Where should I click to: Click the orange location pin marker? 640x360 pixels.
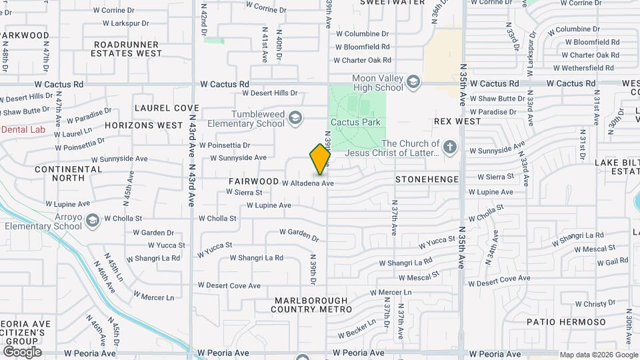pyautogui.click(x=320, y=159)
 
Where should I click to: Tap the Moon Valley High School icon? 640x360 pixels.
pyautogui.click(x=413, y=82)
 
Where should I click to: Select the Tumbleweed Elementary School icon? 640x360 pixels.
pyautogui.click(x=294, y=119)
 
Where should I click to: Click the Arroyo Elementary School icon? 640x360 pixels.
pyautogui.click(x=92, y=219)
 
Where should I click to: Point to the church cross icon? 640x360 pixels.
pyautogui.click(x=450, y=147)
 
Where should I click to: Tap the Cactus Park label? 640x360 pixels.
pyautogui.click(x=357, y=122)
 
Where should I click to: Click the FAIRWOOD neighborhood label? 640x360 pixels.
pyautogui.click(x=253, y=181)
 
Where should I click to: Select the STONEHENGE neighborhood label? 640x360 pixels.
pyautogui.click(x=427, y=179)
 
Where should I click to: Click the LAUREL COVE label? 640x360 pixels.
pyautogui.click(x=167, y=107)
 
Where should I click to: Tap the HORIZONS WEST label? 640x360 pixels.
pyautogui.click(x=143, y=125)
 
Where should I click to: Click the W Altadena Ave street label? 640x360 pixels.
pyautogui.click(x=307, y=183)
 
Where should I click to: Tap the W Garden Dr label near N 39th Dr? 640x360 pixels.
pyautogui.click(x=299, y=232)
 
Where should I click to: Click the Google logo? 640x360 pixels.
pyautogui.click(x=22, y=351)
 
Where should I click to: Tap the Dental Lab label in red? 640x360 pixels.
pyautogui.click(x=23, y=129)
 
